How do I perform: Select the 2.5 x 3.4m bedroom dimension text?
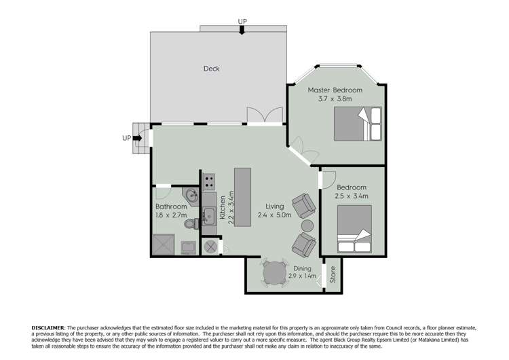point(352,196)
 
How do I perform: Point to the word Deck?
point(212,69)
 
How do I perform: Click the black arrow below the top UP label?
point(242,31)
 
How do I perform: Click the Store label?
point(333,274)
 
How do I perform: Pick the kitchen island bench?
point(242,196)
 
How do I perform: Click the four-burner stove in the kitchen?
point(209,181)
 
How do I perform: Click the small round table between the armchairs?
point(307,226)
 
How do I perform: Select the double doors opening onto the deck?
point(265,116)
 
